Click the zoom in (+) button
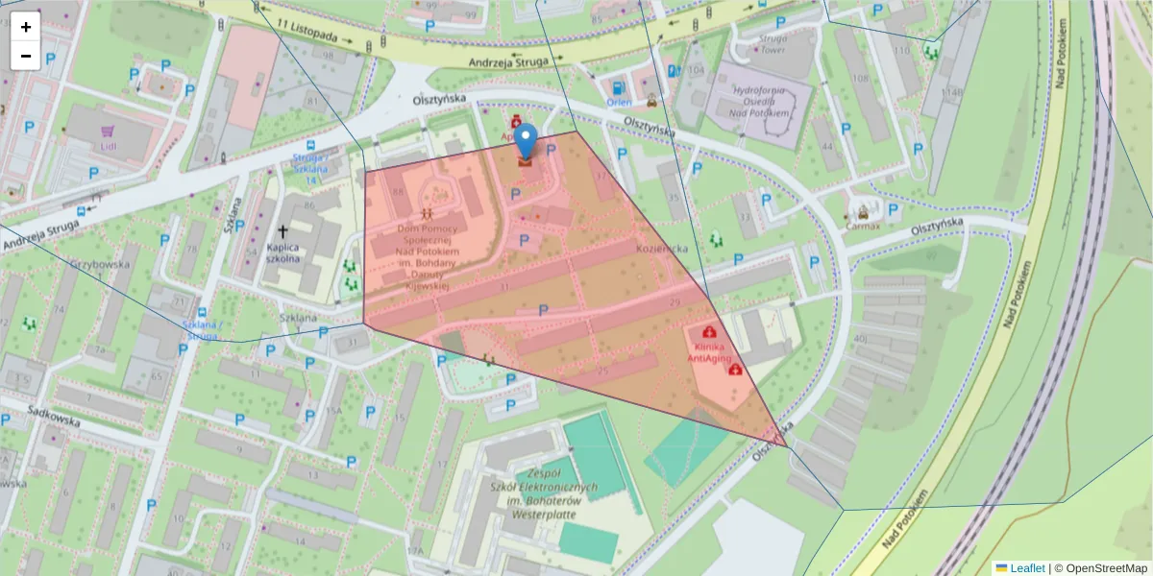coord(26,27)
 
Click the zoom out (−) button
coord(26,56)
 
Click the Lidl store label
coord(108,146)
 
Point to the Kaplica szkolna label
coord(284,252)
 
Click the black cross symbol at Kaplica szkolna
coord(283,231)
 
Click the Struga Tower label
coord(772,44)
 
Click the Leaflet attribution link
coord(1026,568)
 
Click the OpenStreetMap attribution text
coord(1104,568)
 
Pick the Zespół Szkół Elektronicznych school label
coord(544,493)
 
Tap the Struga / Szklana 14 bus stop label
coord(308,169)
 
